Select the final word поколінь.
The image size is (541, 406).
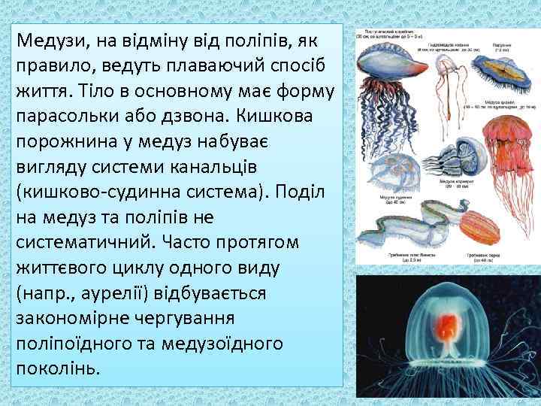57,368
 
